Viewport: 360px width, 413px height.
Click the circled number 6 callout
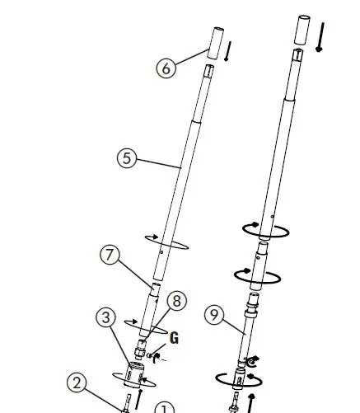167,68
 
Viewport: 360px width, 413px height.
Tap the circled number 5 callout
126,157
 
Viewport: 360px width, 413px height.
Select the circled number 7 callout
112,255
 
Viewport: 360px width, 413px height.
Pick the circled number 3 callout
105,317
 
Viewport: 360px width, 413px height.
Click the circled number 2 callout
77,382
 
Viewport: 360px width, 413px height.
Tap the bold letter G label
174,338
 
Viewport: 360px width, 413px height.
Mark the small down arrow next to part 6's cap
227,52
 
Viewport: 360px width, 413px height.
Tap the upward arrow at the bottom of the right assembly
250,405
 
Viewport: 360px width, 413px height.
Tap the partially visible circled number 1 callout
165,409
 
